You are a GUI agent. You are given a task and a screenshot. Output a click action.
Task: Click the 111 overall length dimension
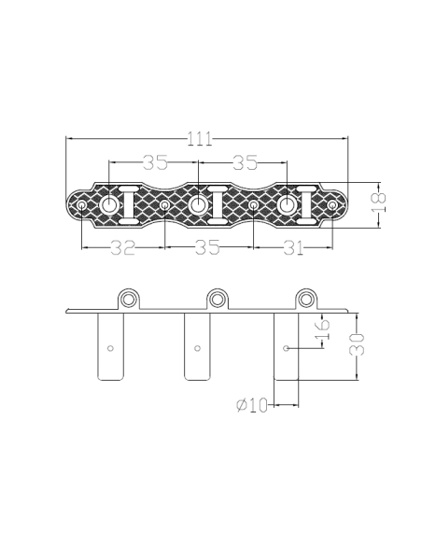[200, 139]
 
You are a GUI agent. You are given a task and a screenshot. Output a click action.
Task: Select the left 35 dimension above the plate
[155, 162]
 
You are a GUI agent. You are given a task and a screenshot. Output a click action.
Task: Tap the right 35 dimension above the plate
[245, 162]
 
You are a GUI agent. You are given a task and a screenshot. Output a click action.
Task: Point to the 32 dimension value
[122, 247]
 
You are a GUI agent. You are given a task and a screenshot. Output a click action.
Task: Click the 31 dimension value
[294, 247]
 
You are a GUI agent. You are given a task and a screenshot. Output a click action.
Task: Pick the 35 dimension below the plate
[207, 247]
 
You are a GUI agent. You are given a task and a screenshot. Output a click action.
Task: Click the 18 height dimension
[379, 203]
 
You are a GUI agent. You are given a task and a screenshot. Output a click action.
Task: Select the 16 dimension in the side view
[322, 329]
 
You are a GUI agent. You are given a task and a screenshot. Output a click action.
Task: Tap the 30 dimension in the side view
[357, 344]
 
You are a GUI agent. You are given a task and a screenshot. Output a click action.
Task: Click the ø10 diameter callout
[252, 405]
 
